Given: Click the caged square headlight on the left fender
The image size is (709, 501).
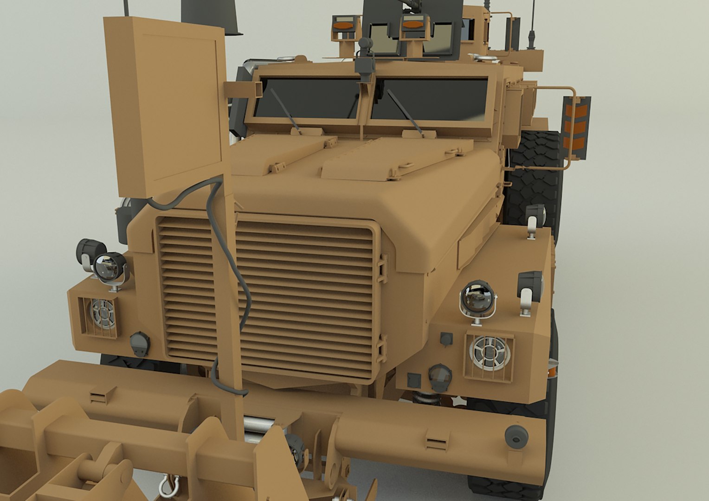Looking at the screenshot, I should [100, 316].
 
